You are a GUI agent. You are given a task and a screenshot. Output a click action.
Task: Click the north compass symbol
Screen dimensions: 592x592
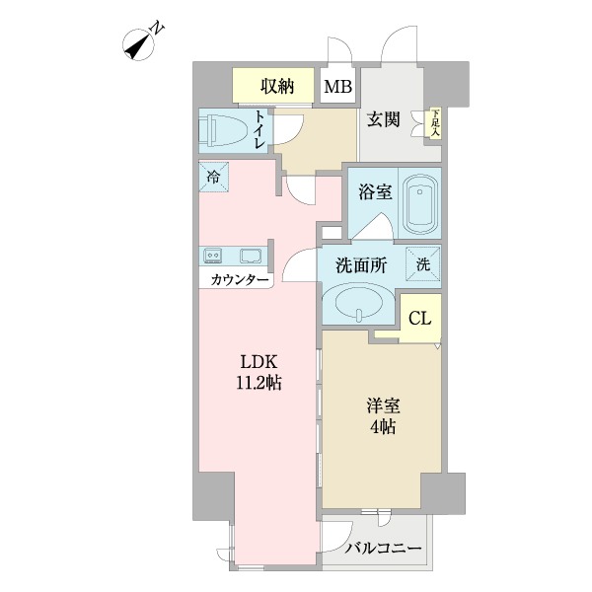tap(139, 44)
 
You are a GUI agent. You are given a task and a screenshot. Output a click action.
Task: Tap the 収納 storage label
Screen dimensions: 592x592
tap(277, 87)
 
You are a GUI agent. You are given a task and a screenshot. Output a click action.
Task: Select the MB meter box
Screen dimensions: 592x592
tap(337, 87)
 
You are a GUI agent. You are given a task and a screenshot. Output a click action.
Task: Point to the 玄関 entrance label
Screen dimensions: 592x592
tap(383, 119)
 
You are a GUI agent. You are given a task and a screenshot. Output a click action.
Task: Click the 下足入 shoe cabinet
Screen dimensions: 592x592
tap(436, 122)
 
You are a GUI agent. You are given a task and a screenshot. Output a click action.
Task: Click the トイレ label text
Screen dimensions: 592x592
tap(259, 129)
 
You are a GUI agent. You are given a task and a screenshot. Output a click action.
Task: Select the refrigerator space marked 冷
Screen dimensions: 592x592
tap(214, 177)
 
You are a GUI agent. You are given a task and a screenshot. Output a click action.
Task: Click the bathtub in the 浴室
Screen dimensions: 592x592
tap(420, 204)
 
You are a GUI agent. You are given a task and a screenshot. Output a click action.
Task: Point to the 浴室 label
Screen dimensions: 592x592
tap(375, 192)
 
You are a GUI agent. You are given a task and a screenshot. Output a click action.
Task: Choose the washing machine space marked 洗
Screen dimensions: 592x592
tap(423, 264)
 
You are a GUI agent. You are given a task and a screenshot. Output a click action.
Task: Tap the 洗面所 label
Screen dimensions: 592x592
tap(361, 265)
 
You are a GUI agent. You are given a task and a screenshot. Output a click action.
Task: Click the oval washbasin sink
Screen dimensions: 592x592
tap(359, 303)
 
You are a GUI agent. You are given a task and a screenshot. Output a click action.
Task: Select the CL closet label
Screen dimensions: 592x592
tap(420, 319)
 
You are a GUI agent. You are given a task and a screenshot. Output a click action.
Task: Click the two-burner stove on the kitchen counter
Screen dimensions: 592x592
tap(212, 256)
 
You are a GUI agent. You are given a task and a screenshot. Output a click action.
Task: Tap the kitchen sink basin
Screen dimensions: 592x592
tap(250, 256)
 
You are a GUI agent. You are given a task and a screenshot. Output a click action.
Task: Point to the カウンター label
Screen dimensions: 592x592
tap(240, 280)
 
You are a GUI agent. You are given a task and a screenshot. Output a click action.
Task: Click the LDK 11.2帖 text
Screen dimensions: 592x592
tap(259, 373)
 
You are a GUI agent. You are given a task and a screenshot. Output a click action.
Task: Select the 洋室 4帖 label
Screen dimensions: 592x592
tap(383, 416)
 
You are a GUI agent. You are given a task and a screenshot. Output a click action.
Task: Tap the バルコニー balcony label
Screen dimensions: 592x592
tap(383, 549)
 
